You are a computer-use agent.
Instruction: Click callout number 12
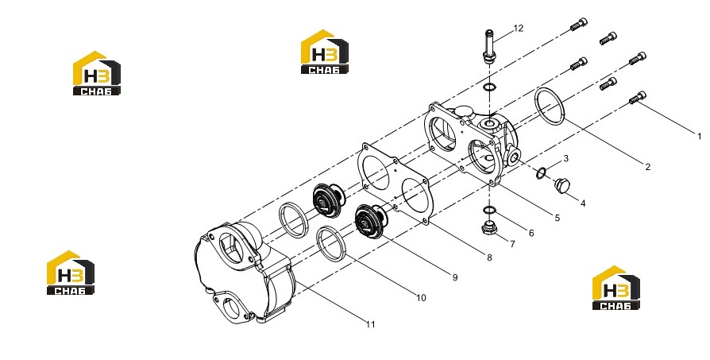click(x=518, y=28)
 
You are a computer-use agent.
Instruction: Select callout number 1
click(x=699, y=136)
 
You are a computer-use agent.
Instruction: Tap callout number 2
click(x=647, y=167)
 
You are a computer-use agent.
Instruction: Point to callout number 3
click(x=565, y=158)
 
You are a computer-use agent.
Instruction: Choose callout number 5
click(x=557, y=219)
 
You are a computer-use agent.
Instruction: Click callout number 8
click(x=489, y=257)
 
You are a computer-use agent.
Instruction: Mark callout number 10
click(x=421, y=298)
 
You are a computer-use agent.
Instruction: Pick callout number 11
click(x=370, y=324)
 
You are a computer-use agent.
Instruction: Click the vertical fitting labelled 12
click(x=489, y=47)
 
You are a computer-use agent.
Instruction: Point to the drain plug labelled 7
click(x=489, y=228)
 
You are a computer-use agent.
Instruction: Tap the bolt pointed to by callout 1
click(x=638, y=98)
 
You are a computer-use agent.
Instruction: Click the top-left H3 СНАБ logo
click(x=97, y=73)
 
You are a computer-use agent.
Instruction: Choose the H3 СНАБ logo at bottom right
click(x=616, y=288)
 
